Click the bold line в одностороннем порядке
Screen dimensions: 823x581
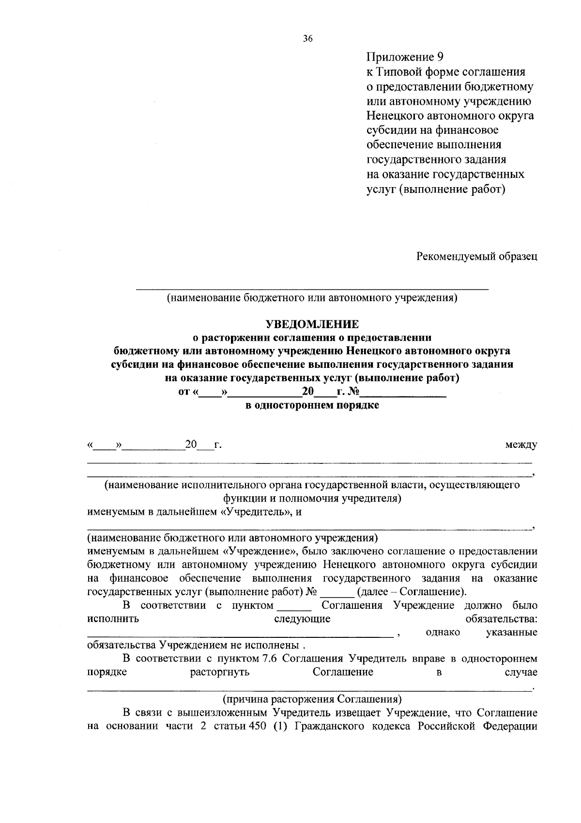tap(312, 405)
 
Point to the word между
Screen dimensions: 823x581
tap(520, 444)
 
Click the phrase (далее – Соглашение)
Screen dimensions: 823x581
tap(412, 592)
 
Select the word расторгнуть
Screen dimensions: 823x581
tap(220, 672)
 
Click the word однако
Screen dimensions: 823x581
tap(443, 632)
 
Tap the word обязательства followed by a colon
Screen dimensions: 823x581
tap(501, 619)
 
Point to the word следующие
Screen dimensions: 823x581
tap(302, 619)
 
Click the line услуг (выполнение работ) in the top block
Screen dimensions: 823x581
tap(436, 189)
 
